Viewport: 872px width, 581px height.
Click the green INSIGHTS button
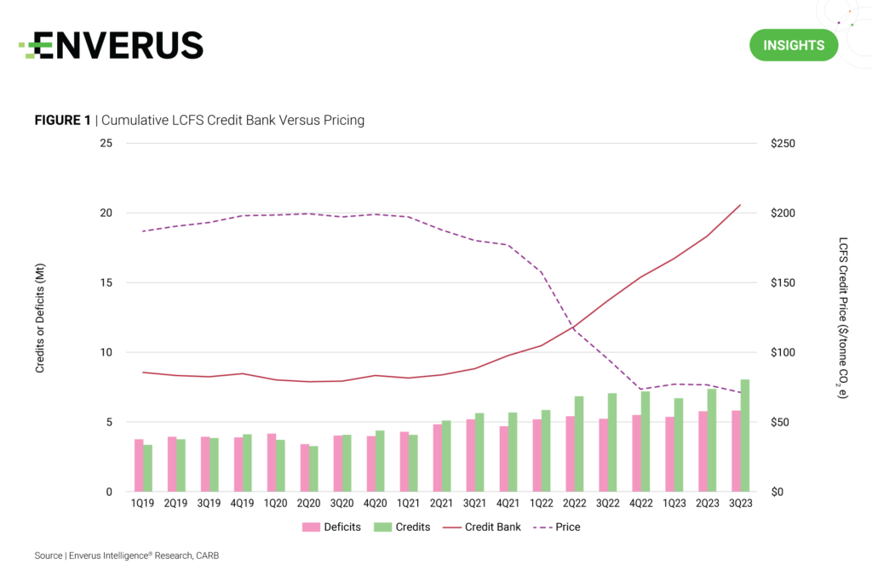point(793,45)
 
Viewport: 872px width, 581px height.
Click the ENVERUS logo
point(112,45)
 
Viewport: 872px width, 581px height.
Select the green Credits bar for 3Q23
point(744,436)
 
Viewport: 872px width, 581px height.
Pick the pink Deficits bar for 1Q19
point(139,465)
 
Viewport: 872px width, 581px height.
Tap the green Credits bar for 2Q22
point(578,444)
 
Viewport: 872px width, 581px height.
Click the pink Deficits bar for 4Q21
point(504,459)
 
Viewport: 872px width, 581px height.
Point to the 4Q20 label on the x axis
point(376,503)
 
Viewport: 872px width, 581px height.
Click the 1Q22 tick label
point(542,503)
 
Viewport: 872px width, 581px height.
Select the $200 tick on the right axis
point(783,213)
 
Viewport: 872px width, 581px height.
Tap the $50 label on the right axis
point(780,422)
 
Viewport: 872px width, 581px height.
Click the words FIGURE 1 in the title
point(62,121)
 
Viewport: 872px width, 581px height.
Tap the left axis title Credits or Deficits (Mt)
point(39,318)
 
